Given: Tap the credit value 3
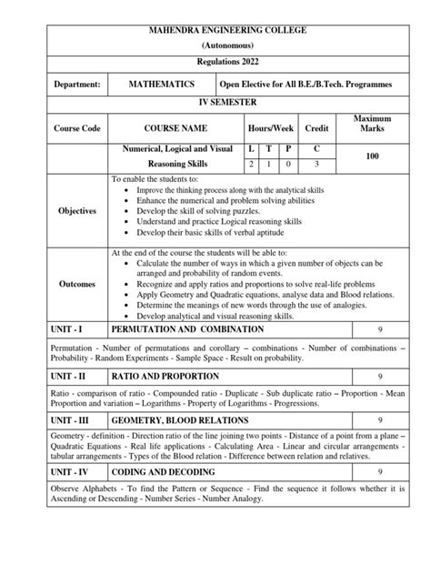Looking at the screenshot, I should click(x=317, y=165).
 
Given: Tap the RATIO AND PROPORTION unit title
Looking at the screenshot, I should click(x=158, y=374).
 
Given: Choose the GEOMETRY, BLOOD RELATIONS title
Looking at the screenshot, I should click(x=175, y=421).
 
